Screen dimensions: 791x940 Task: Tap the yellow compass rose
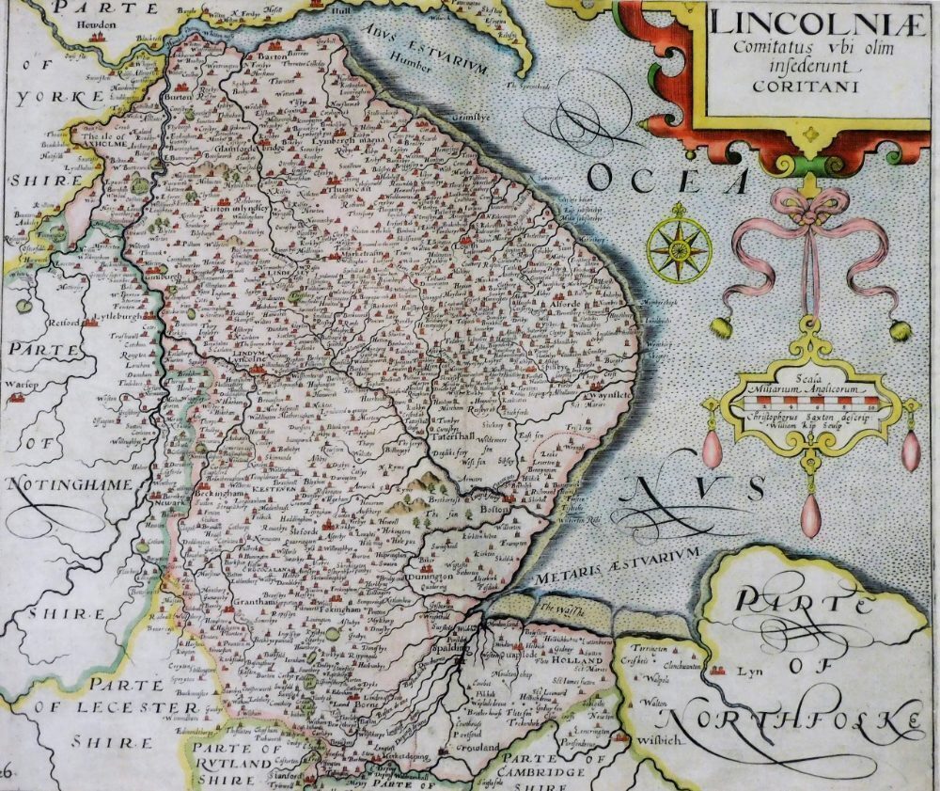point(678,246)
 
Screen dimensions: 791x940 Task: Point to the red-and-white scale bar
point(809,403)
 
